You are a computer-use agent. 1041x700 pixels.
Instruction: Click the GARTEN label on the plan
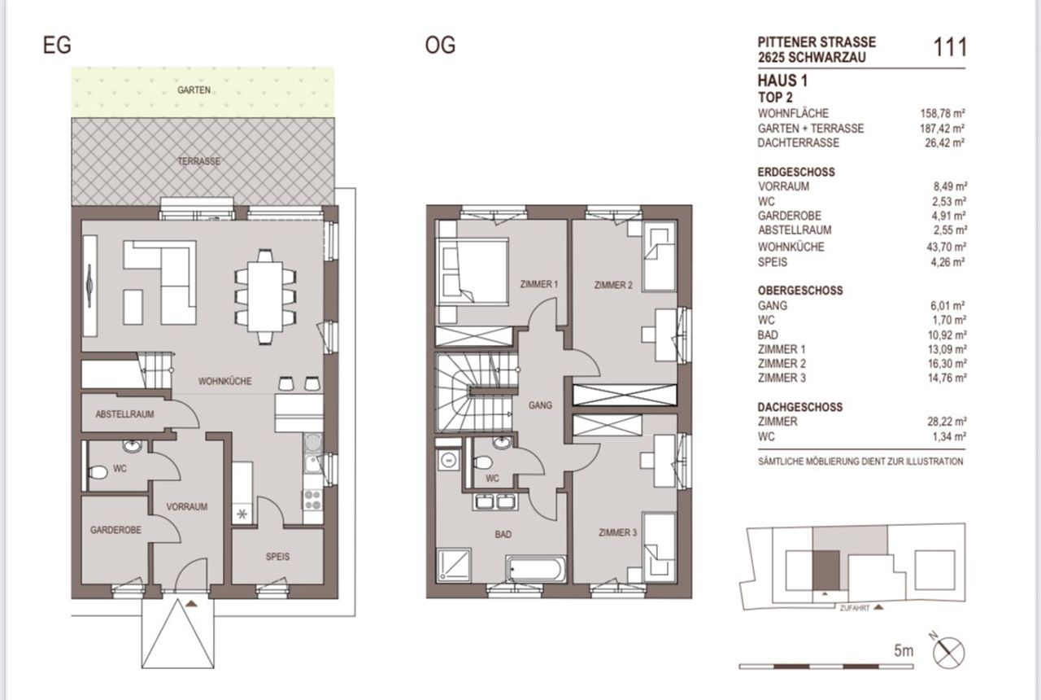tap(194, 90)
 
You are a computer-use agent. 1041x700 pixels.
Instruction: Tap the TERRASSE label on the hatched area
tap(199, 161)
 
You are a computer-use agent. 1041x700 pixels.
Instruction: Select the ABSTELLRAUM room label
tap(124, 414)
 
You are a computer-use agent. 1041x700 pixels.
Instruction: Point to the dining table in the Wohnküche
tap(265, 297)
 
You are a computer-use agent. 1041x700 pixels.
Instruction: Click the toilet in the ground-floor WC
tap(97, 473)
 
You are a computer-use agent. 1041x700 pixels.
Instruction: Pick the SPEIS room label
tap(277, 556)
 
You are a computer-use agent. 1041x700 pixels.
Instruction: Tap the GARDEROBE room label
tap(115, 530)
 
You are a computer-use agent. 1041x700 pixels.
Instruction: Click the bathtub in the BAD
tap(536, 569)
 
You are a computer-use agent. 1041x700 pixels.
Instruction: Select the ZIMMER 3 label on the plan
tap(617, 532)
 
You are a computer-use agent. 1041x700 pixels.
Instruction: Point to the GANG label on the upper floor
tap(540, 405)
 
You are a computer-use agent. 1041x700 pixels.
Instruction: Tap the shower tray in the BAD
tap(453, 565)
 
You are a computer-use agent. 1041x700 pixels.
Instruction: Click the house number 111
tap(950, 47)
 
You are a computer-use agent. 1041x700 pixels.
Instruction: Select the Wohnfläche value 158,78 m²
tap(943, 113)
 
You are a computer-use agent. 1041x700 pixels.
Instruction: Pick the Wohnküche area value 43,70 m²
tap(946, 247)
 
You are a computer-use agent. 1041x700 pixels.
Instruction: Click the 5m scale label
tap(904, 650)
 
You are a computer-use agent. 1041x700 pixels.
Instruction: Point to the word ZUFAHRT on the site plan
tap(855, 608)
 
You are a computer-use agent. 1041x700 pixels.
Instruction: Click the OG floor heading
tap(440, 46)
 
